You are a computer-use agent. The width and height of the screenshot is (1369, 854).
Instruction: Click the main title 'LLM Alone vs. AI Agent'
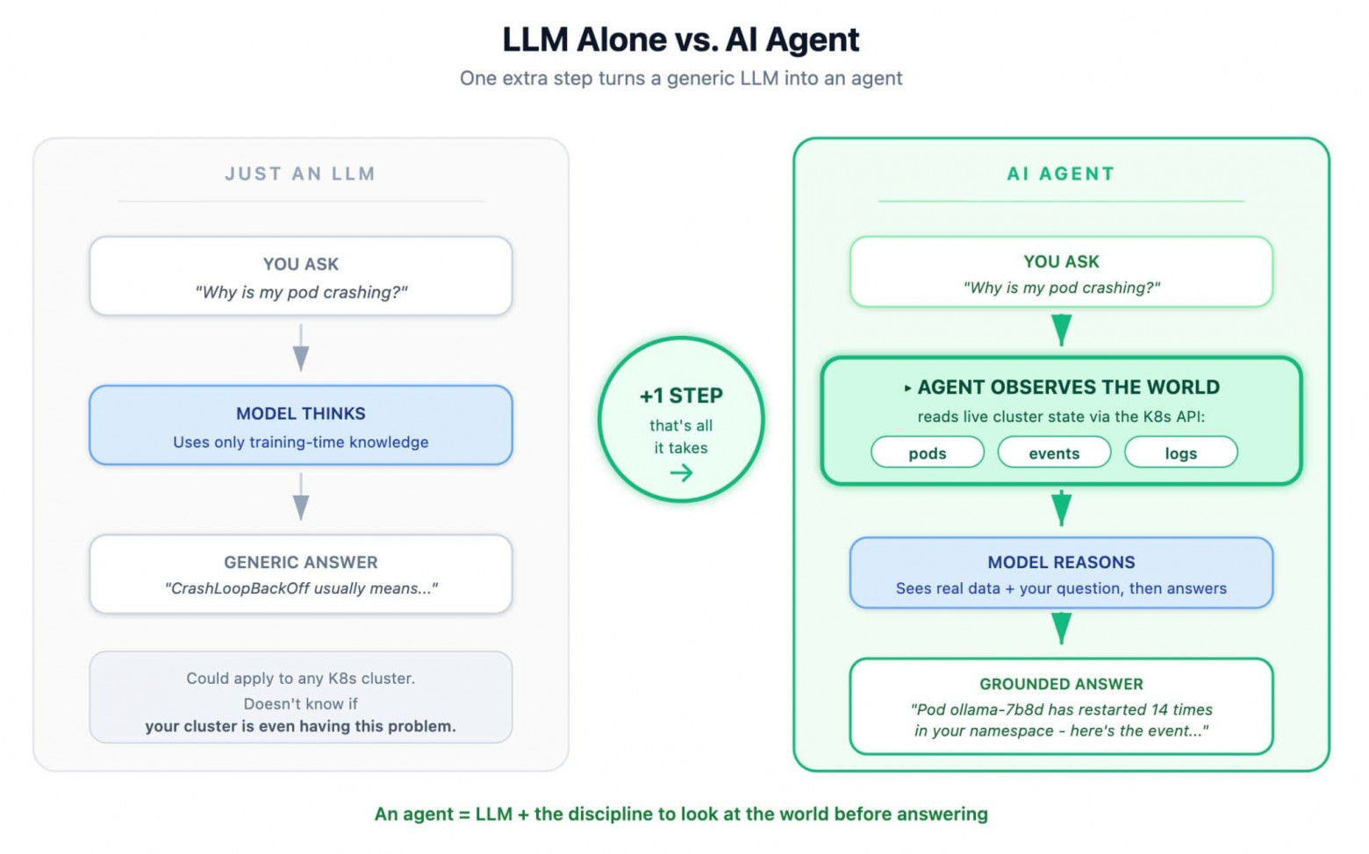point(680,39)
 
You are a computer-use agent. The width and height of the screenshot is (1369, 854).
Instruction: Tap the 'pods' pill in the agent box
point(927,452)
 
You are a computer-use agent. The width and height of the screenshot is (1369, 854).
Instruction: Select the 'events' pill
point(1054,452)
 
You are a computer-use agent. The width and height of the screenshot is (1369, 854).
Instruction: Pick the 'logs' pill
point(1181,452)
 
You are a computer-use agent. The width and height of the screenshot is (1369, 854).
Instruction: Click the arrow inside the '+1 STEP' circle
point(681,473)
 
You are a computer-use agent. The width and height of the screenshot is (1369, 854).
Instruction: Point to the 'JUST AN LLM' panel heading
point(300,174)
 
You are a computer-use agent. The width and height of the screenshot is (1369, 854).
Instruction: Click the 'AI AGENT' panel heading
point(1061,174)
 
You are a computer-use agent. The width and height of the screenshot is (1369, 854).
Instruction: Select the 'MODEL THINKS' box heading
point(301,413)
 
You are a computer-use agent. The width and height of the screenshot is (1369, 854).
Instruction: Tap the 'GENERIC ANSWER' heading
point(301,562)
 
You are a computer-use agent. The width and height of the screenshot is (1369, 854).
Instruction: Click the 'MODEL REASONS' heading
point(1061,562)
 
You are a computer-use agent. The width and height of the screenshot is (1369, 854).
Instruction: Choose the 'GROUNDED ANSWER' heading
point(1061,684)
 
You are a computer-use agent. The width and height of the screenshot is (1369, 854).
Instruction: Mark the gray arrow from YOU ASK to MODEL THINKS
point(301,347)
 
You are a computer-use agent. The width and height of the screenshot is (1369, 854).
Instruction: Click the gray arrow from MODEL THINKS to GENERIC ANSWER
point(301,496)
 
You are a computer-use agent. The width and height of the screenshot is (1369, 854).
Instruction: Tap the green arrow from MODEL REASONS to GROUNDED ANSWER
point(1062,629)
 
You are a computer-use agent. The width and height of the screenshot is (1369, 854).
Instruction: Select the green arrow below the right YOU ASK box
point(1062,331)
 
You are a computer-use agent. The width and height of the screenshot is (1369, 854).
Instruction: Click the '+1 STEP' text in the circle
point(681,395)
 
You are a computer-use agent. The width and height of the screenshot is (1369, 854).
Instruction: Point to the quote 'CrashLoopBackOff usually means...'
point(301,588)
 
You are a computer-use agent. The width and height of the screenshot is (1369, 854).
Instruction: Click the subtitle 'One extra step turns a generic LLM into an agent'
point(681,78)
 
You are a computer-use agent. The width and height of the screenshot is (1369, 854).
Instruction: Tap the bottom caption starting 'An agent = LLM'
point(681,814)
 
